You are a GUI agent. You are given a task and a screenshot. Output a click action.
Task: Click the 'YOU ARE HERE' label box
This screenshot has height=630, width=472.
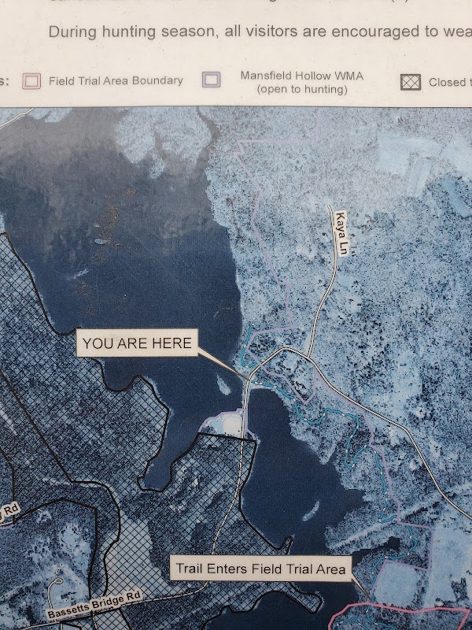(x=137, y=343)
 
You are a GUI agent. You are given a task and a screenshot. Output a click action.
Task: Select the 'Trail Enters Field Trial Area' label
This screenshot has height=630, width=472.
(x=260, y=569)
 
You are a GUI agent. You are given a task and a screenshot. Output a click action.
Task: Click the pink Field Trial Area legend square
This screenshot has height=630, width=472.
(x=31, y=80)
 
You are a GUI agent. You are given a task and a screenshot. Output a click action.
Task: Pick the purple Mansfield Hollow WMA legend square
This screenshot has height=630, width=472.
(x=210, y=80)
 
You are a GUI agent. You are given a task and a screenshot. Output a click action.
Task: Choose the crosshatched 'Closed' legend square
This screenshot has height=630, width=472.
(x=412, y=82)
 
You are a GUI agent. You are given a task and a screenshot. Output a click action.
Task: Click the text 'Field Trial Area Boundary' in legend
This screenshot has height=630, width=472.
(x=116, y=80)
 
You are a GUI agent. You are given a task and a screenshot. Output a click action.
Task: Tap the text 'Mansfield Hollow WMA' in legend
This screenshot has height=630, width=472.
(x=301, y=76)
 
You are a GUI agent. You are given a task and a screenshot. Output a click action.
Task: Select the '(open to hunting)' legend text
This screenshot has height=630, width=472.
(x=302, y=89)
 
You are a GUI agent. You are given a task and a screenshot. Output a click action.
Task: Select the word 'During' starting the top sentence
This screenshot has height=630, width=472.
(x=71, y=33)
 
